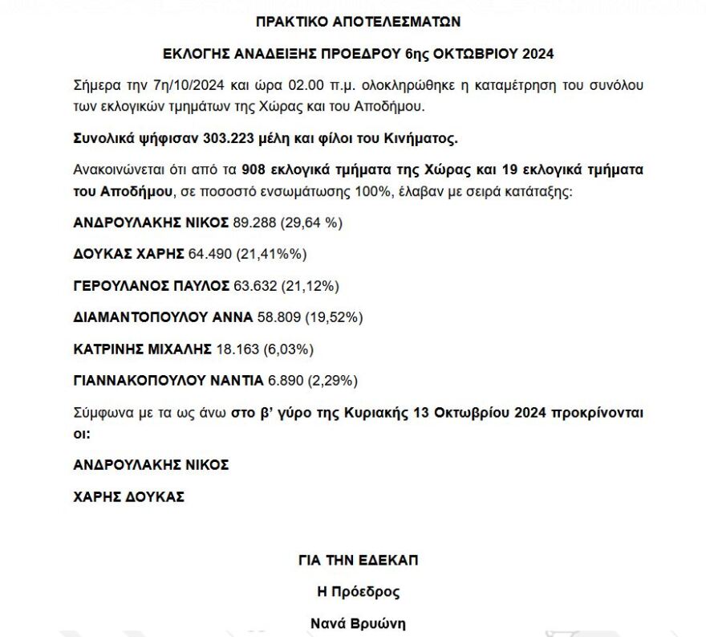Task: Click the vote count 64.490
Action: click(210, 255)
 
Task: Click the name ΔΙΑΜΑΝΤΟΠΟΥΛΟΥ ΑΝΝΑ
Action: click(163, 317)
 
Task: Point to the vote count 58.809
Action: click(278, 317)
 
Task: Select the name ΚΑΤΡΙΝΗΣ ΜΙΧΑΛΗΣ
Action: click(142, 349)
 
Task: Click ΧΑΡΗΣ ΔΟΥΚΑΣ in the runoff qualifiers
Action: click(129, 496)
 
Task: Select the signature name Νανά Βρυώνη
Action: click(358, 623)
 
